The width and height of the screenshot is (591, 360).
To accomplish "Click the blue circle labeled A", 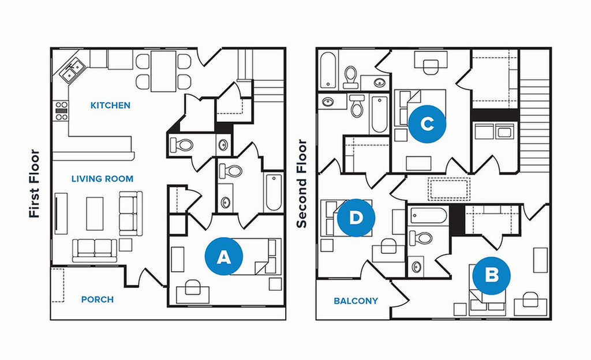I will tap(223, 257).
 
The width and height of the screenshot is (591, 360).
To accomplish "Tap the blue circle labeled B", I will tap(491, 275).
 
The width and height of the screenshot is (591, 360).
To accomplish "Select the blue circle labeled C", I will tap(427, 123).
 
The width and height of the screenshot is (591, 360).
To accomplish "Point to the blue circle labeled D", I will tap(356, 217).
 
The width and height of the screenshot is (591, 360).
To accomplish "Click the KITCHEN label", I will tap(110, 106).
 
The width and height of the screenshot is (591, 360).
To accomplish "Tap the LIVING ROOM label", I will tap(102, 179).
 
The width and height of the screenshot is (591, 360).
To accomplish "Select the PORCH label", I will tap(97, 299).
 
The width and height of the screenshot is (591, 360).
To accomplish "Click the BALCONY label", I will tap(356, 301).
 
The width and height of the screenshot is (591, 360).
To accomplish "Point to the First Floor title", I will tap(35, 183).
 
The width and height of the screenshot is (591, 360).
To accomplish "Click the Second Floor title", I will tap(301, 183).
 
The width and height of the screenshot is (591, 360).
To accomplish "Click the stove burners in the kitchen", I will tap(61, 111).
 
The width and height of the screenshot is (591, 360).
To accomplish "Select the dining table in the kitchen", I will tap(163, 70).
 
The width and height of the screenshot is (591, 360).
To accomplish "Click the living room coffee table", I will tap(95, 213).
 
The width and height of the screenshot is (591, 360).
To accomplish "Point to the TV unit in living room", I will tap(60, 213).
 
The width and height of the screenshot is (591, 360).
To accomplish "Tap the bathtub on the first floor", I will tap(272, 192).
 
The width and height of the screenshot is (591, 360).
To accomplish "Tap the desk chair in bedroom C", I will tap(431, 67).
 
